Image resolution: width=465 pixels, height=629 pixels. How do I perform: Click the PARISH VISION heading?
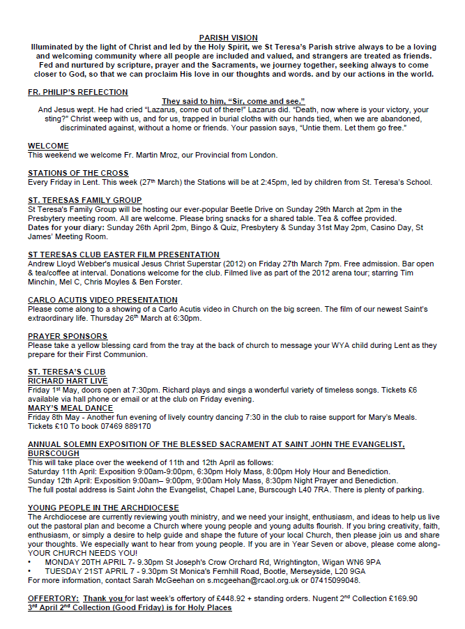[228, 38]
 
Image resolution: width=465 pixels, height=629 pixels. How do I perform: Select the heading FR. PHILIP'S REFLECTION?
[77, 92]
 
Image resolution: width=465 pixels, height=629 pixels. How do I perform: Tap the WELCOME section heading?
[48, 146]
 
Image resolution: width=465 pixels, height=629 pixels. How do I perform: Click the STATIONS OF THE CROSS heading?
[78, 173]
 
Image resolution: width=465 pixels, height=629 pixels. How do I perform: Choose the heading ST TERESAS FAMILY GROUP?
[84, 200]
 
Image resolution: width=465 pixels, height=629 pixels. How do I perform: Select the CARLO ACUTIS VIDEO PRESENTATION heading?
[102, 300]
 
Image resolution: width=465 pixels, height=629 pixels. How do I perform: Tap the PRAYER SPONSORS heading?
[68, 336]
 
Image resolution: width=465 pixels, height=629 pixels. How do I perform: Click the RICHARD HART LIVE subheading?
[68, 381]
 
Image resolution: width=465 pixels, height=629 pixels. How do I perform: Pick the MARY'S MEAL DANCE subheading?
[70, 408]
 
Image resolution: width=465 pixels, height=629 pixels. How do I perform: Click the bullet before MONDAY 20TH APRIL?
[30, 561]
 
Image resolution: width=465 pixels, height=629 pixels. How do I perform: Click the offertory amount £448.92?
[222, 598]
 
